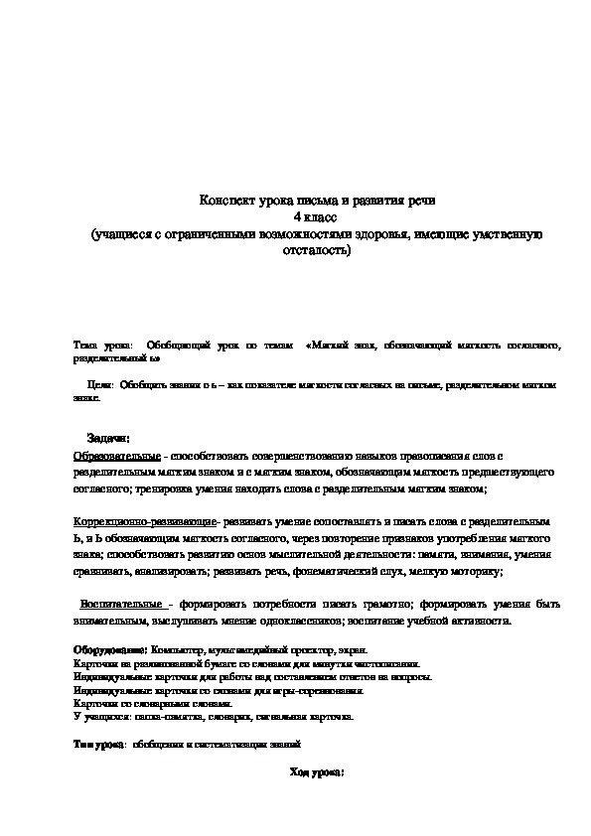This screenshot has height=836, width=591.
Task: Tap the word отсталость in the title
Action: pyautogui.click(x=316, y=249)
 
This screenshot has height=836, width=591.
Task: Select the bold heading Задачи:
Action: pyautogui.click(x=108, y=439)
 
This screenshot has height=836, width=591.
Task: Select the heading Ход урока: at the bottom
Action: pyautogui.click(x=316, y=770)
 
